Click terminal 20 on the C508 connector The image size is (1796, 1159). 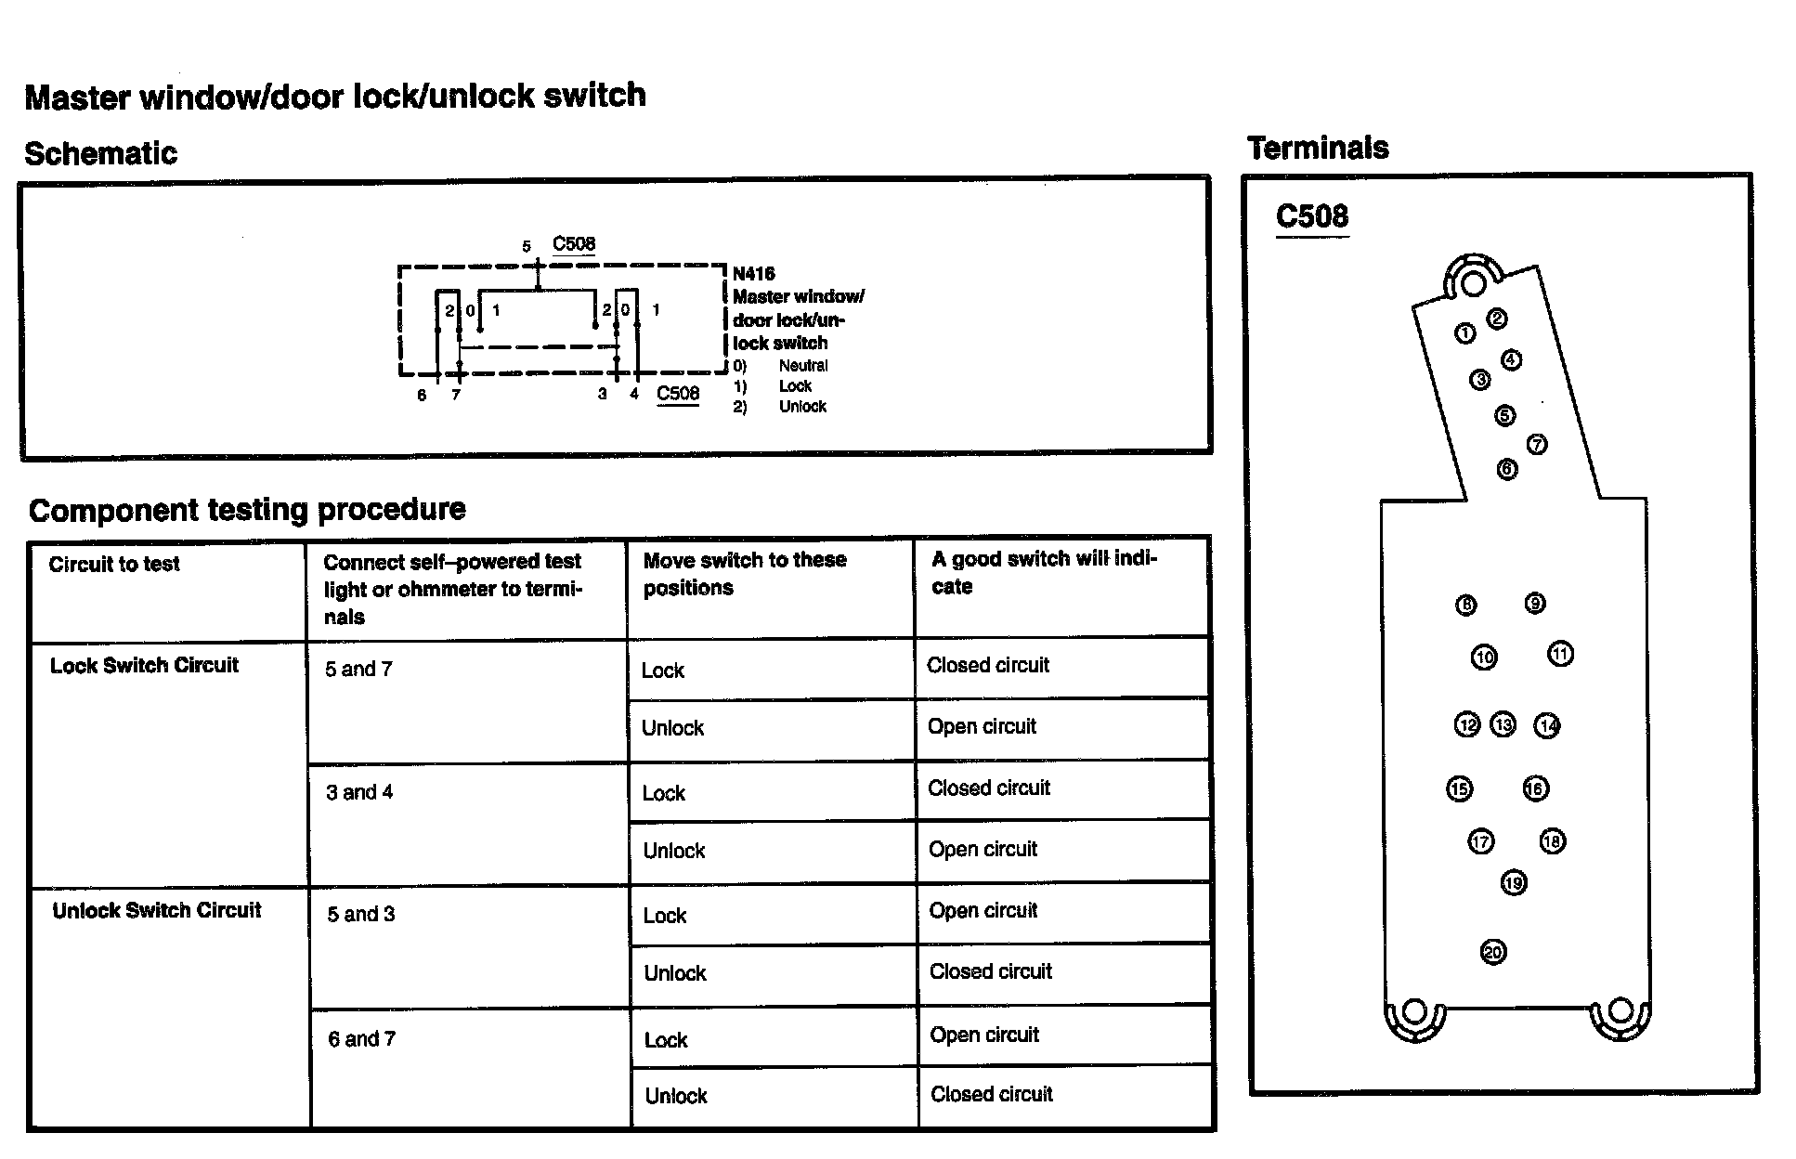click(x=1492, y=952)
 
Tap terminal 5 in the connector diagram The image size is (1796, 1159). click(x=1504, y=415)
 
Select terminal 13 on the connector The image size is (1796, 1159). click(x=1503, y=724)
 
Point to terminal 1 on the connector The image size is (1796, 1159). click(x=1464, y=333)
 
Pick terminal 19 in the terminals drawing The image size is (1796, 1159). click(x=1513, y=882)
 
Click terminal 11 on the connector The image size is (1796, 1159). click(x=1560, y=655)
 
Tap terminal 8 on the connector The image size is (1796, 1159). click(x=1465, y=606)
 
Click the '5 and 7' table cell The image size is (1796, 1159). click(x=358, y=670)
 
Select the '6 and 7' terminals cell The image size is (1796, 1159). click(x=361, y=1039)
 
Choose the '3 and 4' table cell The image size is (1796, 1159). click(x=359, y=792)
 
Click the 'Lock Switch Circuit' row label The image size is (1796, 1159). click(x=144, y=666)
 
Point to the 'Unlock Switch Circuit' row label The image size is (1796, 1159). click(x=157, y=910)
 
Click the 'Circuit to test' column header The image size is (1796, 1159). click(x=114, y=564)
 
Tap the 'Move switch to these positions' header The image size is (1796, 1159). click(x=744, y=574)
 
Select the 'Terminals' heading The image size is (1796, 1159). click(x=1318, y=148)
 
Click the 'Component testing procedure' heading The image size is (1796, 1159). click(x=247, y=510)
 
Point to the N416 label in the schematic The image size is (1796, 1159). click(x=753, y=274)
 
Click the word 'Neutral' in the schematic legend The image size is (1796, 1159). click(x=802, y=366)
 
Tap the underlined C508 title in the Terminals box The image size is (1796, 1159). click(x=1311, y=216)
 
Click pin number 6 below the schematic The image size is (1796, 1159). click(x=422, y=396)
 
